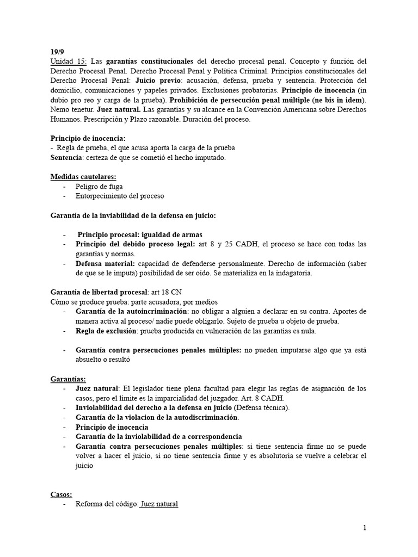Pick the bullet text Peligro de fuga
tap(100, 186)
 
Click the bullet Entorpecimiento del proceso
tap(120, 196)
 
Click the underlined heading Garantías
tap(68, 379)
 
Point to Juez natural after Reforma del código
tap(158, 504)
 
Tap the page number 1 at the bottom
tap(364, 528)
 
